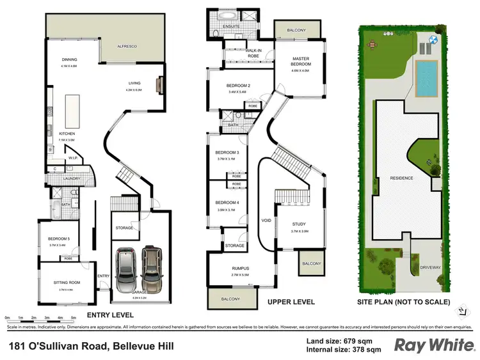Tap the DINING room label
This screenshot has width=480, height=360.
pos(68,59)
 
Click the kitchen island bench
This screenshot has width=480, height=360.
pos(74,109)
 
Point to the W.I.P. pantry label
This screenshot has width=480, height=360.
pos(73,157)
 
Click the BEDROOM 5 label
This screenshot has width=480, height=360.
pos(58,239)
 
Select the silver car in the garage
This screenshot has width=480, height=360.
pos(125,267)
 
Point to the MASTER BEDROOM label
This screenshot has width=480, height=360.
pos(300,61)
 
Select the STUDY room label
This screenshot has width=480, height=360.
pos(300,224)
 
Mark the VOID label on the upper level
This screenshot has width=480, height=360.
pos(267,221)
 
